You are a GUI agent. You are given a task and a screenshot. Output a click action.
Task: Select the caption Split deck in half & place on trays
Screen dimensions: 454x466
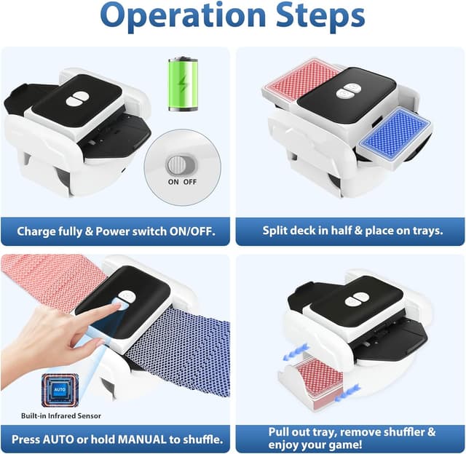pyautogui.click(x=352, y=231)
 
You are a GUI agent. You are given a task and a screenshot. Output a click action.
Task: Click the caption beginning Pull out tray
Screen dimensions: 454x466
pyautogui.click(x=352, y=438)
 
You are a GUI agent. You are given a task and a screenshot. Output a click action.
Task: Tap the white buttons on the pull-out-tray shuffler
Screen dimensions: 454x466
pyautogui.click(x=358, y=300)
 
